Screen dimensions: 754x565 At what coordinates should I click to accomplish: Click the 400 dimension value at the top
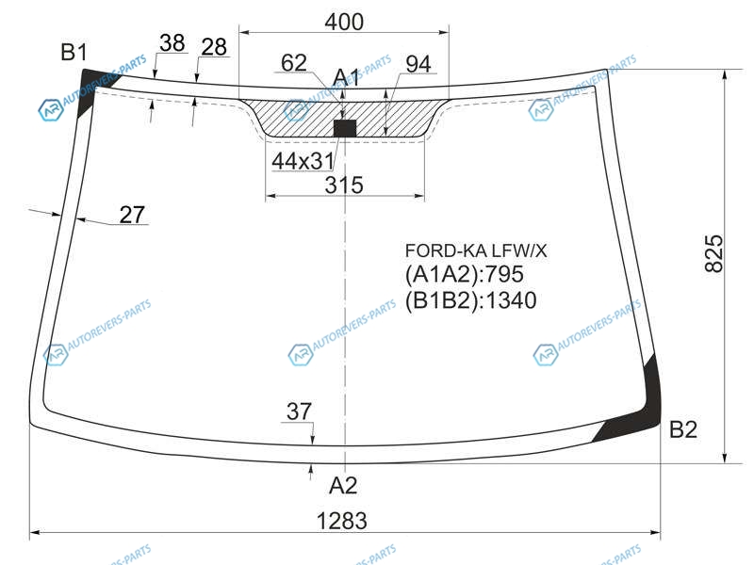click(344, 22)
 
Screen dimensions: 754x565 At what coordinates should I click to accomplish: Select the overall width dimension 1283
click(342, 521)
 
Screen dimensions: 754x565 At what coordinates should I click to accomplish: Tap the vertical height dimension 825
click(714, 253)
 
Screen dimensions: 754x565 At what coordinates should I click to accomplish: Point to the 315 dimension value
click(344, 185)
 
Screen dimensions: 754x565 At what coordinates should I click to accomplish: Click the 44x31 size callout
click(303, 161)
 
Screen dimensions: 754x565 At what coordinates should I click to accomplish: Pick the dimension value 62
click(294, 63)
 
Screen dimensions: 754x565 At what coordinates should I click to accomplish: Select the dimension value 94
click(418, 64)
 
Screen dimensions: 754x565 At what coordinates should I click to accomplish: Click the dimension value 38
click(172, 42)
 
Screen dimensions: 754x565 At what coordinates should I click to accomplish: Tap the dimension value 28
click(214, 47)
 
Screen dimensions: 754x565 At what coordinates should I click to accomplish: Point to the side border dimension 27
click(132, 215)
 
